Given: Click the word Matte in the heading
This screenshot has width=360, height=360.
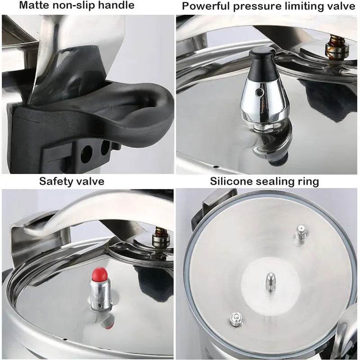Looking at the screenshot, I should click(22, 6).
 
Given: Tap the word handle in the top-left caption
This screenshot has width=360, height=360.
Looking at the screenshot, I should click(118, 6).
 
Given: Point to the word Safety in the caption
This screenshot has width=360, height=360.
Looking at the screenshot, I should click(54, 181).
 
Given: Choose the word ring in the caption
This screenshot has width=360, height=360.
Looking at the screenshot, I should click(310, 182).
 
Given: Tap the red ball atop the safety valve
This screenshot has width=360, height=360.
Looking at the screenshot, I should click(99, 273).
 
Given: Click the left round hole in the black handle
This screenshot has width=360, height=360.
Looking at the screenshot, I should click(86, 154).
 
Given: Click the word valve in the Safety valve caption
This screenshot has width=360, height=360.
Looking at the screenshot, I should click(91, 181).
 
